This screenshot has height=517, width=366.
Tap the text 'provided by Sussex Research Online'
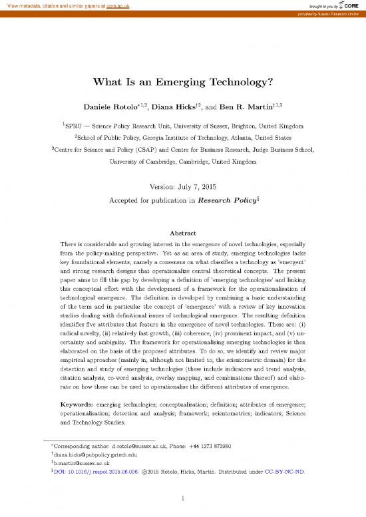pyautogui.click(x=327, y=13)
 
